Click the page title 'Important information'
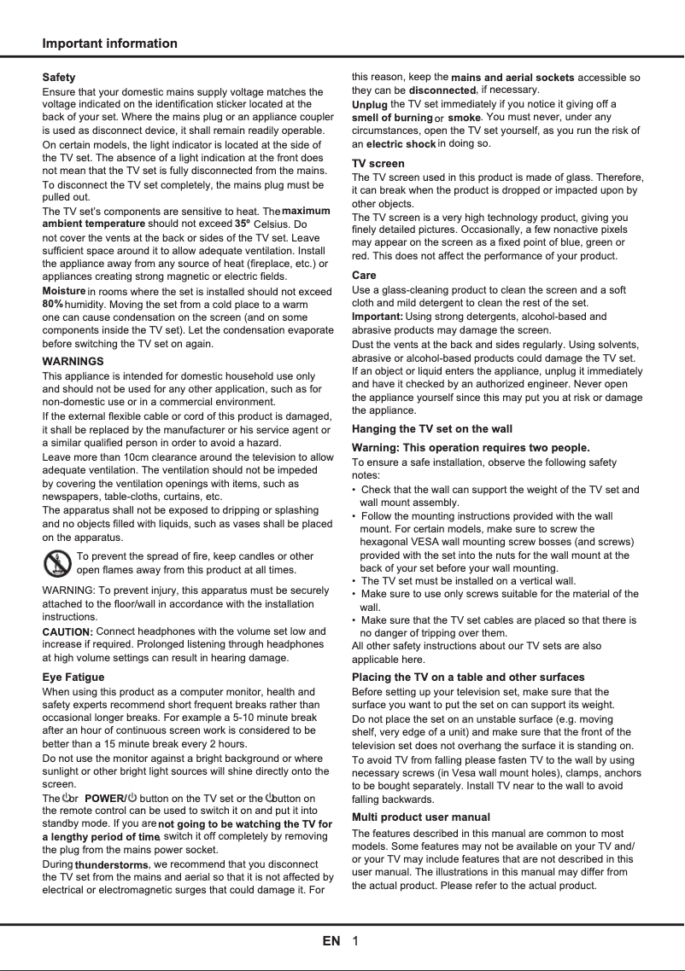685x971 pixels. tap(110, 44)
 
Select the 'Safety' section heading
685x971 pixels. tap(59, 78)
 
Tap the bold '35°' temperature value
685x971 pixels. tap(243, 224)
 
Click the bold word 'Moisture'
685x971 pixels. tap(64, 292)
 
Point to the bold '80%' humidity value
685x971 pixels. tap(53, 304)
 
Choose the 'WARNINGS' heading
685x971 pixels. tap(73, 362)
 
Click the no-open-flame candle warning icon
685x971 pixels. tap(57, 564)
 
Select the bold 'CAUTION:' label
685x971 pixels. tap(67, 632)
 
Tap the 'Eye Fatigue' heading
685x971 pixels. tap(73, 677)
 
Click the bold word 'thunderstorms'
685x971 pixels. tap(112, 865)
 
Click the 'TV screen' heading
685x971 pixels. tap(378, 164)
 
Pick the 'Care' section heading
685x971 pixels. tap(364, 276)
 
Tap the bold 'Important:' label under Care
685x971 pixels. tap(378, 317)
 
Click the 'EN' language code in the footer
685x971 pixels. tap(331, 942)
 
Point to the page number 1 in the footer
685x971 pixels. tap(355, 942)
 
